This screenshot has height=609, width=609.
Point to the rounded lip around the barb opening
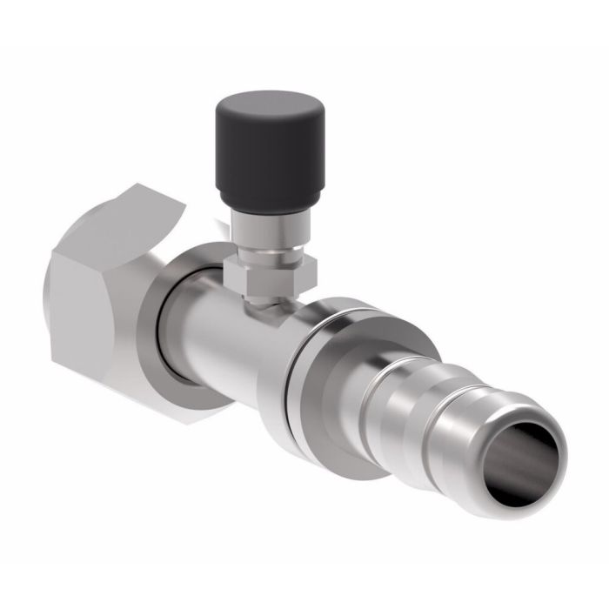(557, 435)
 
